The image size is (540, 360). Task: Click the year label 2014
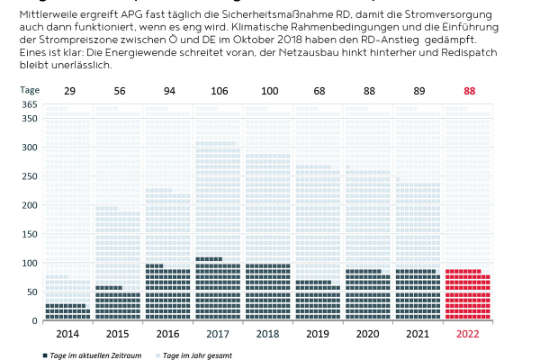point(67,334)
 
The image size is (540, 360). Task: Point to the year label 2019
point(318,334)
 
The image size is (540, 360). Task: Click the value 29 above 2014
point(69,90)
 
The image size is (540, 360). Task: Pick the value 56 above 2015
point(118,90)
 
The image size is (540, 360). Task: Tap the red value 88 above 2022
point(468,90)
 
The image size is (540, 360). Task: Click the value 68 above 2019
point(318,90)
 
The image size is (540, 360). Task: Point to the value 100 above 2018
point(268,90)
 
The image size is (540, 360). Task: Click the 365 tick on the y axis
point(29,105)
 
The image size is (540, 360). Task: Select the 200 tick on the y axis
point(29,204)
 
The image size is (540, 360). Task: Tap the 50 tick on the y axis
point(31,291)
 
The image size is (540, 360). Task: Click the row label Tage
point(30,90)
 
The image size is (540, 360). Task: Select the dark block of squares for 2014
point(67,311)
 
